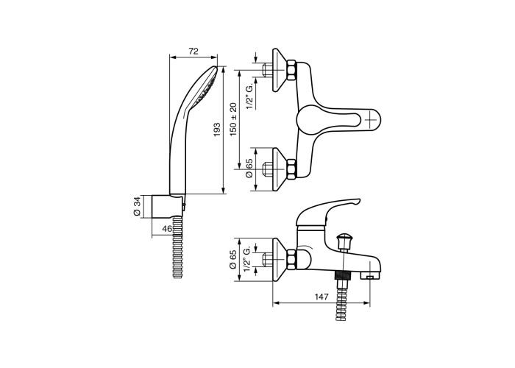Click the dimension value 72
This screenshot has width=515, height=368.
(x=193, y=52)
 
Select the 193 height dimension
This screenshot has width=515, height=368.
(x=217, y=130)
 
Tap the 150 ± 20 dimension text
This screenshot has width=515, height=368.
(x=233, y=119)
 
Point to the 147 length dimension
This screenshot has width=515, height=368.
(x=322, y=297)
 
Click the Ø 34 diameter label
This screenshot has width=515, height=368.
(x=138, y=206)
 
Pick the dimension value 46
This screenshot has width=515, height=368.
(x=167, y=229)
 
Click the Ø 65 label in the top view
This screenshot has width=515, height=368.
(x=249, y=169)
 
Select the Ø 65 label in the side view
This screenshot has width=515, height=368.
(x=233, y=260)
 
